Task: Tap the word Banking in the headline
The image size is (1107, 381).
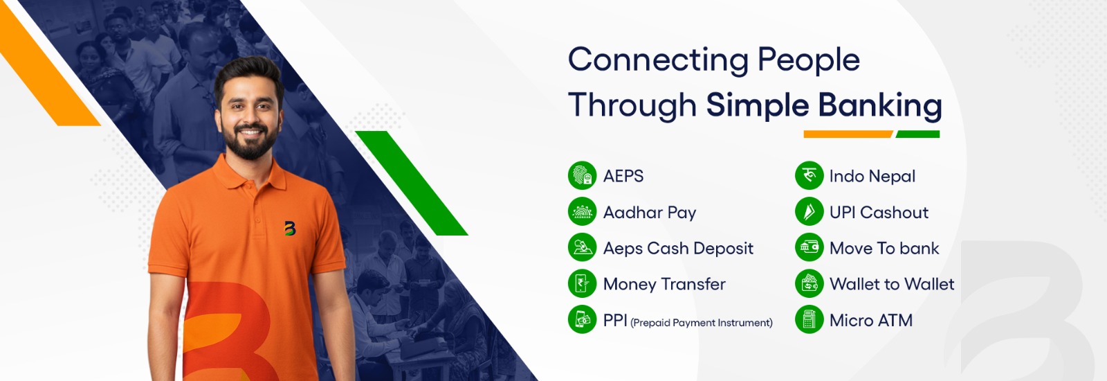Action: click(880, 107)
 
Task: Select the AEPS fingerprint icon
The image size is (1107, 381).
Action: click(582, 176)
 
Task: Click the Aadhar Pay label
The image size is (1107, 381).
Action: click(650, 212)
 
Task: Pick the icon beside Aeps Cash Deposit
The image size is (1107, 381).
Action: click(582, 247)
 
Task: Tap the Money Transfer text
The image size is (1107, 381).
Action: click(664, 284)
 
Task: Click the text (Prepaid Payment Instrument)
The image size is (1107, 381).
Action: click(702, 323)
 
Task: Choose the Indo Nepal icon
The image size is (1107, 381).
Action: click(809, 176)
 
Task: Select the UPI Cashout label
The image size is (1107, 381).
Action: click(879, 212)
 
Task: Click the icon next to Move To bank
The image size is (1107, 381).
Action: click(809, 247)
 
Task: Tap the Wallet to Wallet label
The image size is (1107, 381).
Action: click(892, 284)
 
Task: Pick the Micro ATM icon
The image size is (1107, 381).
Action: click(809, 319)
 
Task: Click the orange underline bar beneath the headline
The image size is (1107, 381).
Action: click(848, 134)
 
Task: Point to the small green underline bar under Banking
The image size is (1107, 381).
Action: click(917, 134)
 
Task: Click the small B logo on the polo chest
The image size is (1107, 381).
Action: click(290, 228)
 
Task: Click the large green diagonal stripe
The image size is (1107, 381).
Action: click(411, 183)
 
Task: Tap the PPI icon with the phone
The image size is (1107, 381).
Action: click(582, 319)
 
